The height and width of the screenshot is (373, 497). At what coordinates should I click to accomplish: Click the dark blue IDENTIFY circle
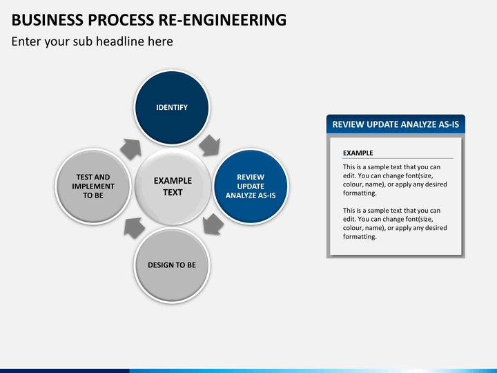coord(172,108)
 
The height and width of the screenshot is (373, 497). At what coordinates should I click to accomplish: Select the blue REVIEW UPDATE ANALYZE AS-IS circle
coord(251,186)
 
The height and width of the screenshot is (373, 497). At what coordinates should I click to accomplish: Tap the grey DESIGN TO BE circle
coord(172,265)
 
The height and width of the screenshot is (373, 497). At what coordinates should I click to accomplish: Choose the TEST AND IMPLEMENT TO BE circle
coord(93,186)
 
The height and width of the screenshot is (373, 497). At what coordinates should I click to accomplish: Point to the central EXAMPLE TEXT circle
coord(173,186)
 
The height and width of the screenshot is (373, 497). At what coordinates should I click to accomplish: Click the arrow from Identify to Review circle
coord(210,146)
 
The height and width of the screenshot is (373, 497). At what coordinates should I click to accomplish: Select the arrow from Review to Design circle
coord(213,224)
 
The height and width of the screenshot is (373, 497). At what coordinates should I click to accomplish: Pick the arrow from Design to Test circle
coord(134,227)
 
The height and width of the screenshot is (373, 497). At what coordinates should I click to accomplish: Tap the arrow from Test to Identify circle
coord(131,149)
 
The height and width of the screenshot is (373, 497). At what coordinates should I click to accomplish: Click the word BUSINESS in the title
coord(47,19)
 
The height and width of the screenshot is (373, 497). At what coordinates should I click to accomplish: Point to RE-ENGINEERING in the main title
coord(222,19)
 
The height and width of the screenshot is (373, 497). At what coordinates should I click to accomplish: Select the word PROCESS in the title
coord(120,19)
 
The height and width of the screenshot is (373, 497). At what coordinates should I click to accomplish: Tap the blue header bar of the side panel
coord(396,124)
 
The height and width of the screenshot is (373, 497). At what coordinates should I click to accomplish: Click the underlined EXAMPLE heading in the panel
coord(358,153)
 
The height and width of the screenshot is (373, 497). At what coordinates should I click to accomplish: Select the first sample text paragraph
coord(395,180)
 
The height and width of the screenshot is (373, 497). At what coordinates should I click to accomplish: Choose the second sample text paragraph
coord(395,224)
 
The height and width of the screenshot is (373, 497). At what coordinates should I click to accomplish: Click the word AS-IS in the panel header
coord(449,124)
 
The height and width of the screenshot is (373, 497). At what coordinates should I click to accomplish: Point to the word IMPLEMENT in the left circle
coord(93,186)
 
